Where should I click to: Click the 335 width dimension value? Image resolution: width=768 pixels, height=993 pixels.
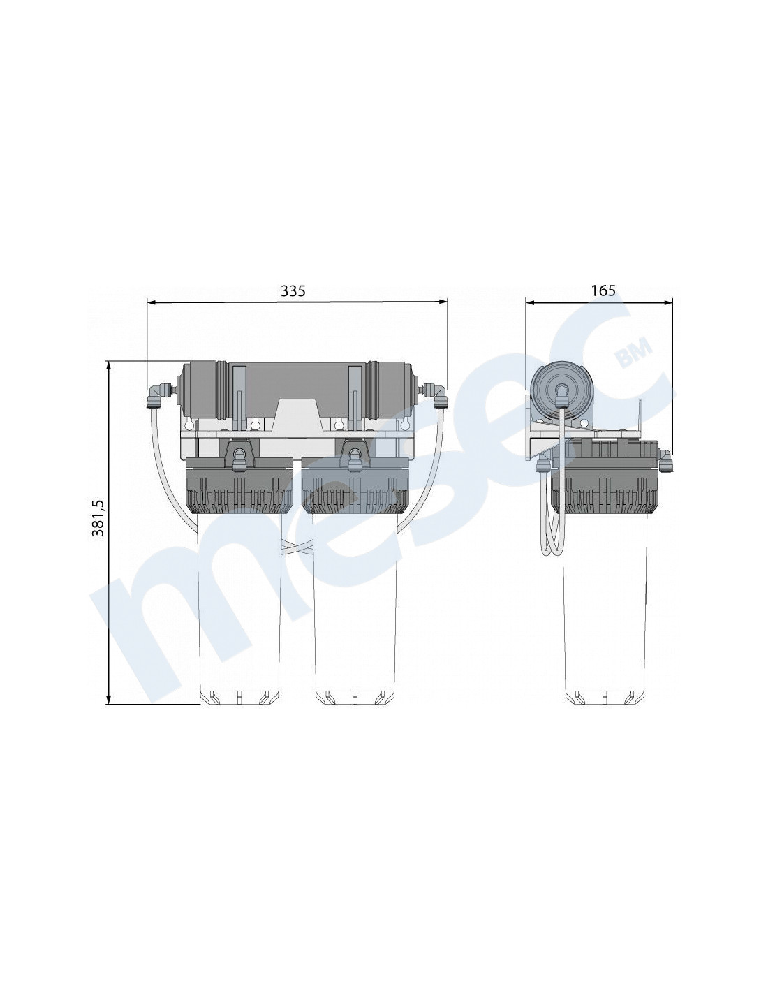click(x=293, y=290)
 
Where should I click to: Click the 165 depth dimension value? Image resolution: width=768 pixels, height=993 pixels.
click(x=603, y=290)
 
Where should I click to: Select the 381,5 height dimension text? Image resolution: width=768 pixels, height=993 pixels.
click(x=98, y=517)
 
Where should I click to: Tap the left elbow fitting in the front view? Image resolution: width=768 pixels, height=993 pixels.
click(x=154, y=397)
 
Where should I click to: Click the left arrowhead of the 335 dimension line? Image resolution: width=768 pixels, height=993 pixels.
click(x=152, y=302)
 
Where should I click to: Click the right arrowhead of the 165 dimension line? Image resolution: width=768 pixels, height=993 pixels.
click(x=668, y=302)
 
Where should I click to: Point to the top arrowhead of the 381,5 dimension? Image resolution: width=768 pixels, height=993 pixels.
click(x=109, y=367)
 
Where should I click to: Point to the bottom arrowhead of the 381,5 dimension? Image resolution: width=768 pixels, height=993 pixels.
click(x=109, y=699)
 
